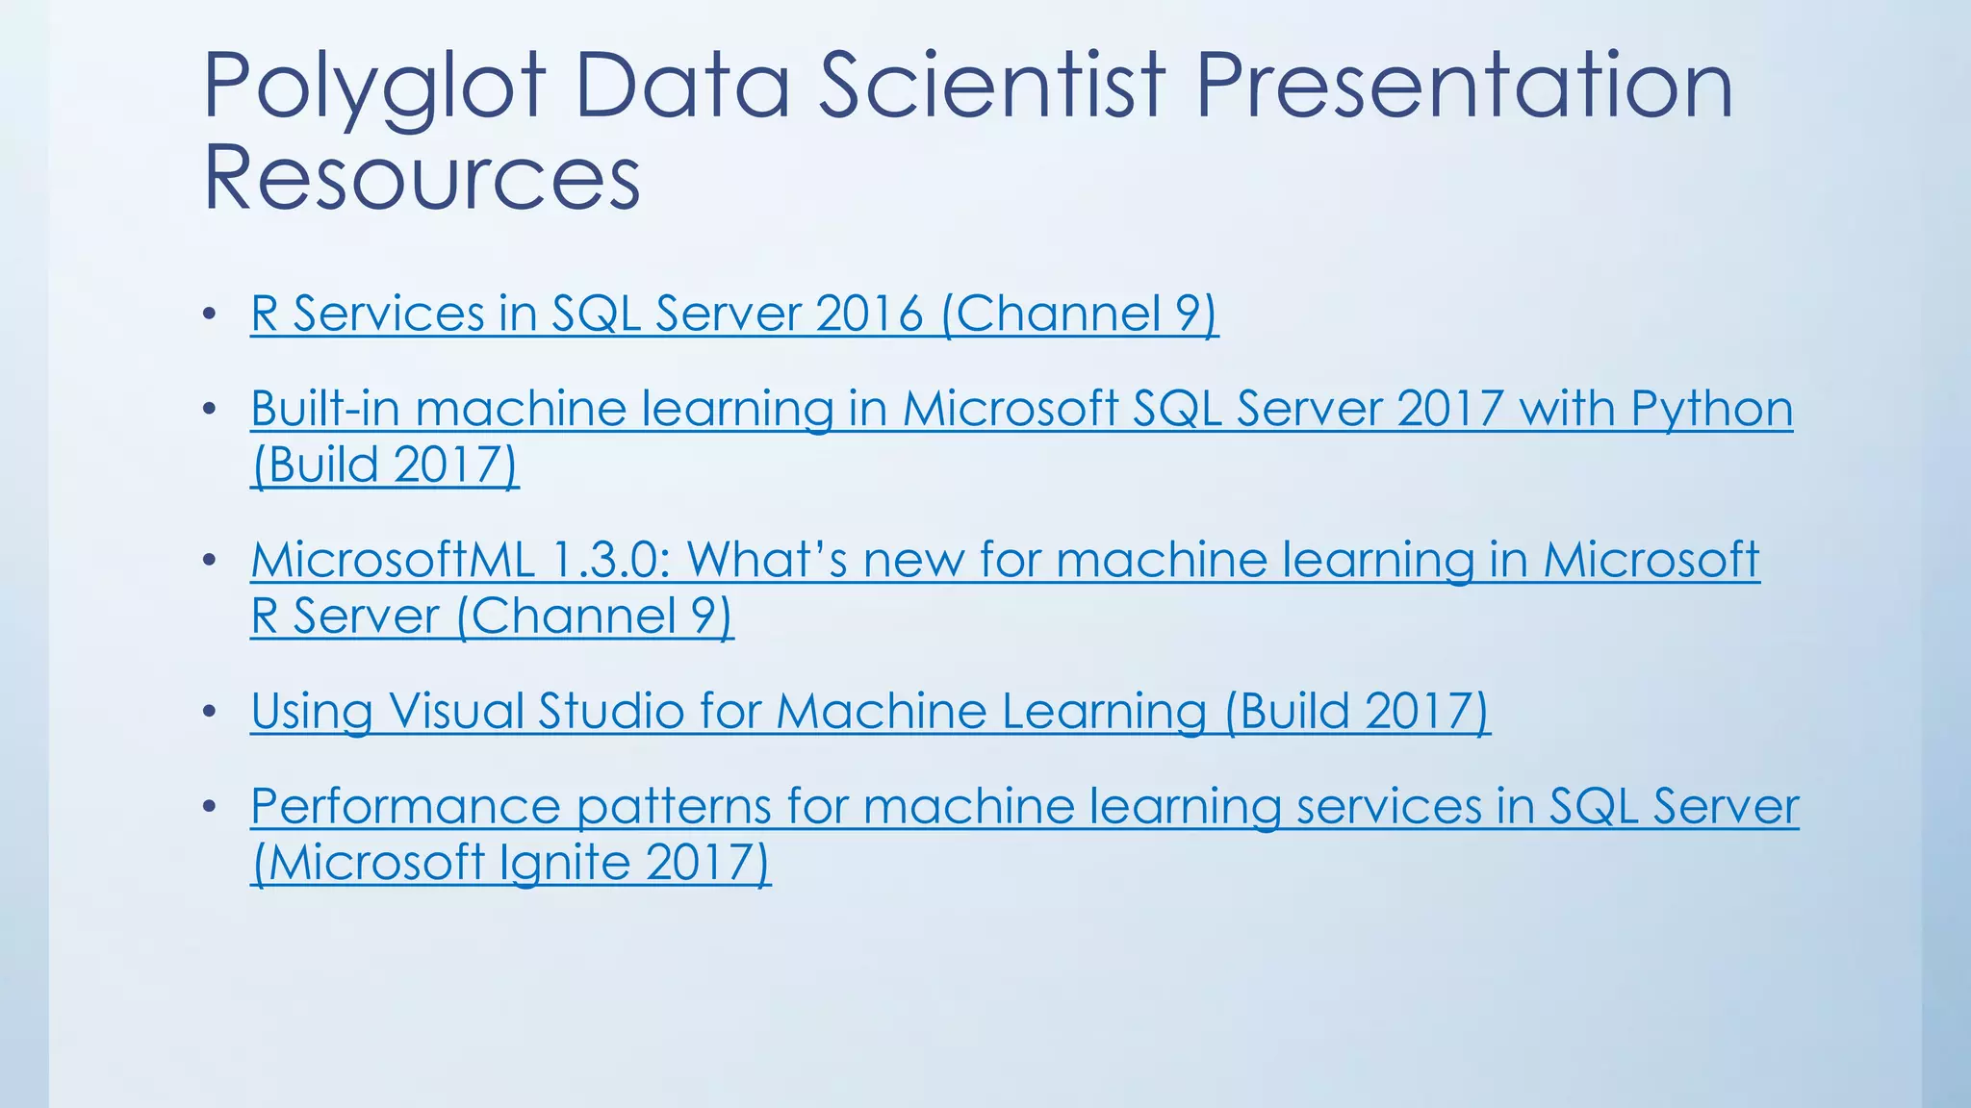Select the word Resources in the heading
[422, 178]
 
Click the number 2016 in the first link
[869, 314]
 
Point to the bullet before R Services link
[210, 315]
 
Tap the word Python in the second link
[1711, 409]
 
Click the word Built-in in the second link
[324, 409]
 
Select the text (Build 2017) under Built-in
[384, 466]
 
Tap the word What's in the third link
[767, 560]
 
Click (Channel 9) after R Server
[595, 617]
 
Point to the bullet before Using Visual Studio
[210, 713]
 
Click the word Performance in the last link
[405, 806]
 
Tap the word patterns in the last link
[674, 806]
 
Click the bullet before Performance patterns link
[210, 807]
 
